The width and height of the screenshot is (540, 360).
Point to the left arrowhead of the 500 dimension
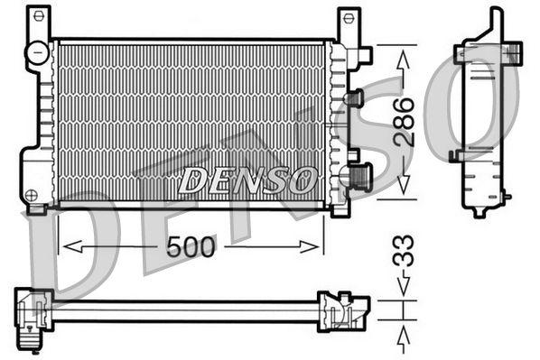click(65, 246)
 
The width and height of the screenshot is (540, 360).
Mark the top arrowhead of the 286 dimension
click(403, 51)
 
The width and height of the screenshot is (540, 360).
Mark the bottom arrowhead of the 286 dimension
click(403, 190)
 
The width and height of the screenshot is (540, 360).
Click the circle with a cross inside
click(33, 195)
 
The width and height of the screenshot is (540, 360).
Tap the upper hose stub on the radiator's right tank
click(354, 97)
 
